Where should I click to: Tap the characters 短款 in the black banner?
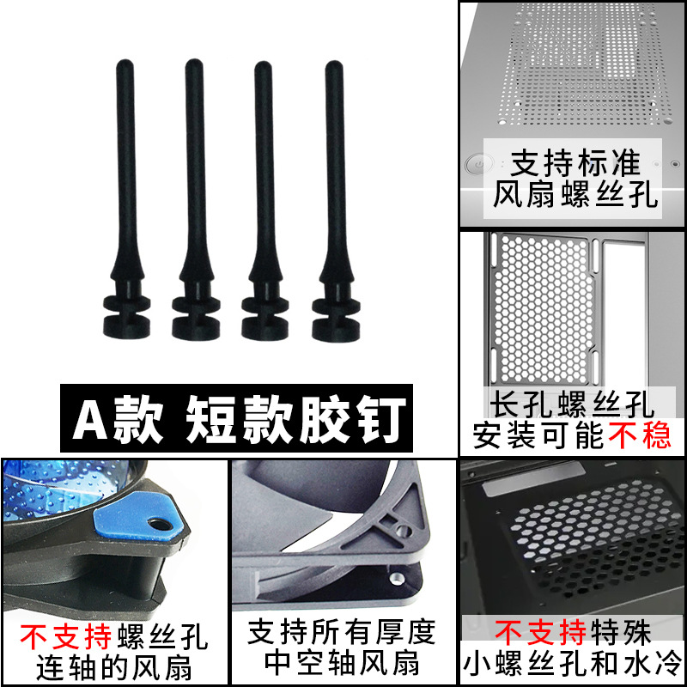[224, 419]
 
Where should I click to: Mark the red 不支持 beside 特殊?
[542, 634]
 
